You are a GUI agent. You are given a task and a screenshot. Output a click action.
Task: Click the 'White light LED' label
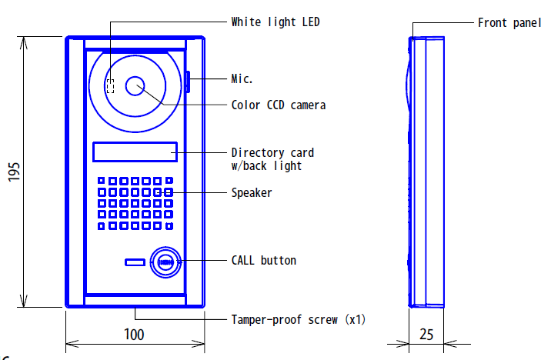pyautogui.click(x=276, y=22)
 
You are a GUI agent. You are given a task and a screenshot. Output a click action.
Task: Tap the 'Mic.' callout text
pyautogui.click(x=242, y=79)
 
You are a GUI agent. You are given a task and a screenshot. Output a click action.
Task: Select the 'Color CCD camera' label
pyautogui.click(x=279, y=105)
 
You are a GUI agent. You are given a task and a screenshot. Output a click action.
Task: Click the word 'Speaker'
pyautogui.click(x=252, y=192)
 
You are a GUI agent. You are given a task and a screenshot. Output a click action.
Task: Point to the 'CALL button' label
pyautogui.click(x=264, y=260)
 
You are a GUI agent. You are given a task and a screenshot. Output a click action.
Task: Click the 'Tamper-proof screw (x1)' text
pyautogui.click(x=299, y=320)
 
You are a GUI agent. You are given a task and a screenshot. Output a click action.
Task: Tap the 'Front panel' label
pyautogui.click(x=509, y=23)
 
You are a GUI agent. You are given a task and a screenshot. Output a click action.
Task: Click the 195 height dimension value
pyautogui.click(x=14, y=172)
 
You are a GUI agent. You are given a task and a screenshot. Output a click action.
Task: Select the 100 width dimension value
pyautogui.click(x=134, y=335)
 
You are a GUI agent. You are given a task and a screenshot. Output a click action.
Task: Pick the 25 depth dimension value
pyautogui.click(x=426, y=335)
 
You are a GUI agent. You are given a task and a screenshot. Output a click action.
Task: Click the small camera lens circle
pyautogui.click(x=135, y=86)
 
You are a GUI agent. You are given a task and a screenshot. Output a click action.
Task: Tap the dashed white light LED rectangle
pyautogui.click(x=110, y=86)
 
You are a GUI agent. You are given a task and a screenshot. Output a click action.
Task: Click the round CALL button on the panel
pyautogui.click(x=165, y=262)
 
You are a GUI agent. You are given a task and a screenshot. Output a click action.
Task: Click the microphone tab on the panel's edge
pyautogui.click(x=188, y=82)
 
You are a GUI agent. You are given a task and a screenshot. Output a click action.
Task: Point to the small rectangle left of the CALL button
pyautogui.click(x=135, y=263)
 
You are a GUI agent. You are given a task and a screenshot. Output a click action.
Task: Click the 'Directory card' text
pyautogui.click(x=272, y=152)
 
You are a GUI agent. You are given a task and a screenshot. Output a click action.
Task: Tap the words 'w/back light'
pyautogui.click(x=266, y=166)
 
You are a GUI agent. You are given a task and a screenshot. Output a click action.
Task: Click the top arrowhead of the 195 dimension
pyautogui.click(x=23, y=42)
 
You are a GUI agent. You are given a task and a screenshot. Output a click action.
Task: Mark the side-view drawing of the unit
pyautogui.click(x=426, y=172)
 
